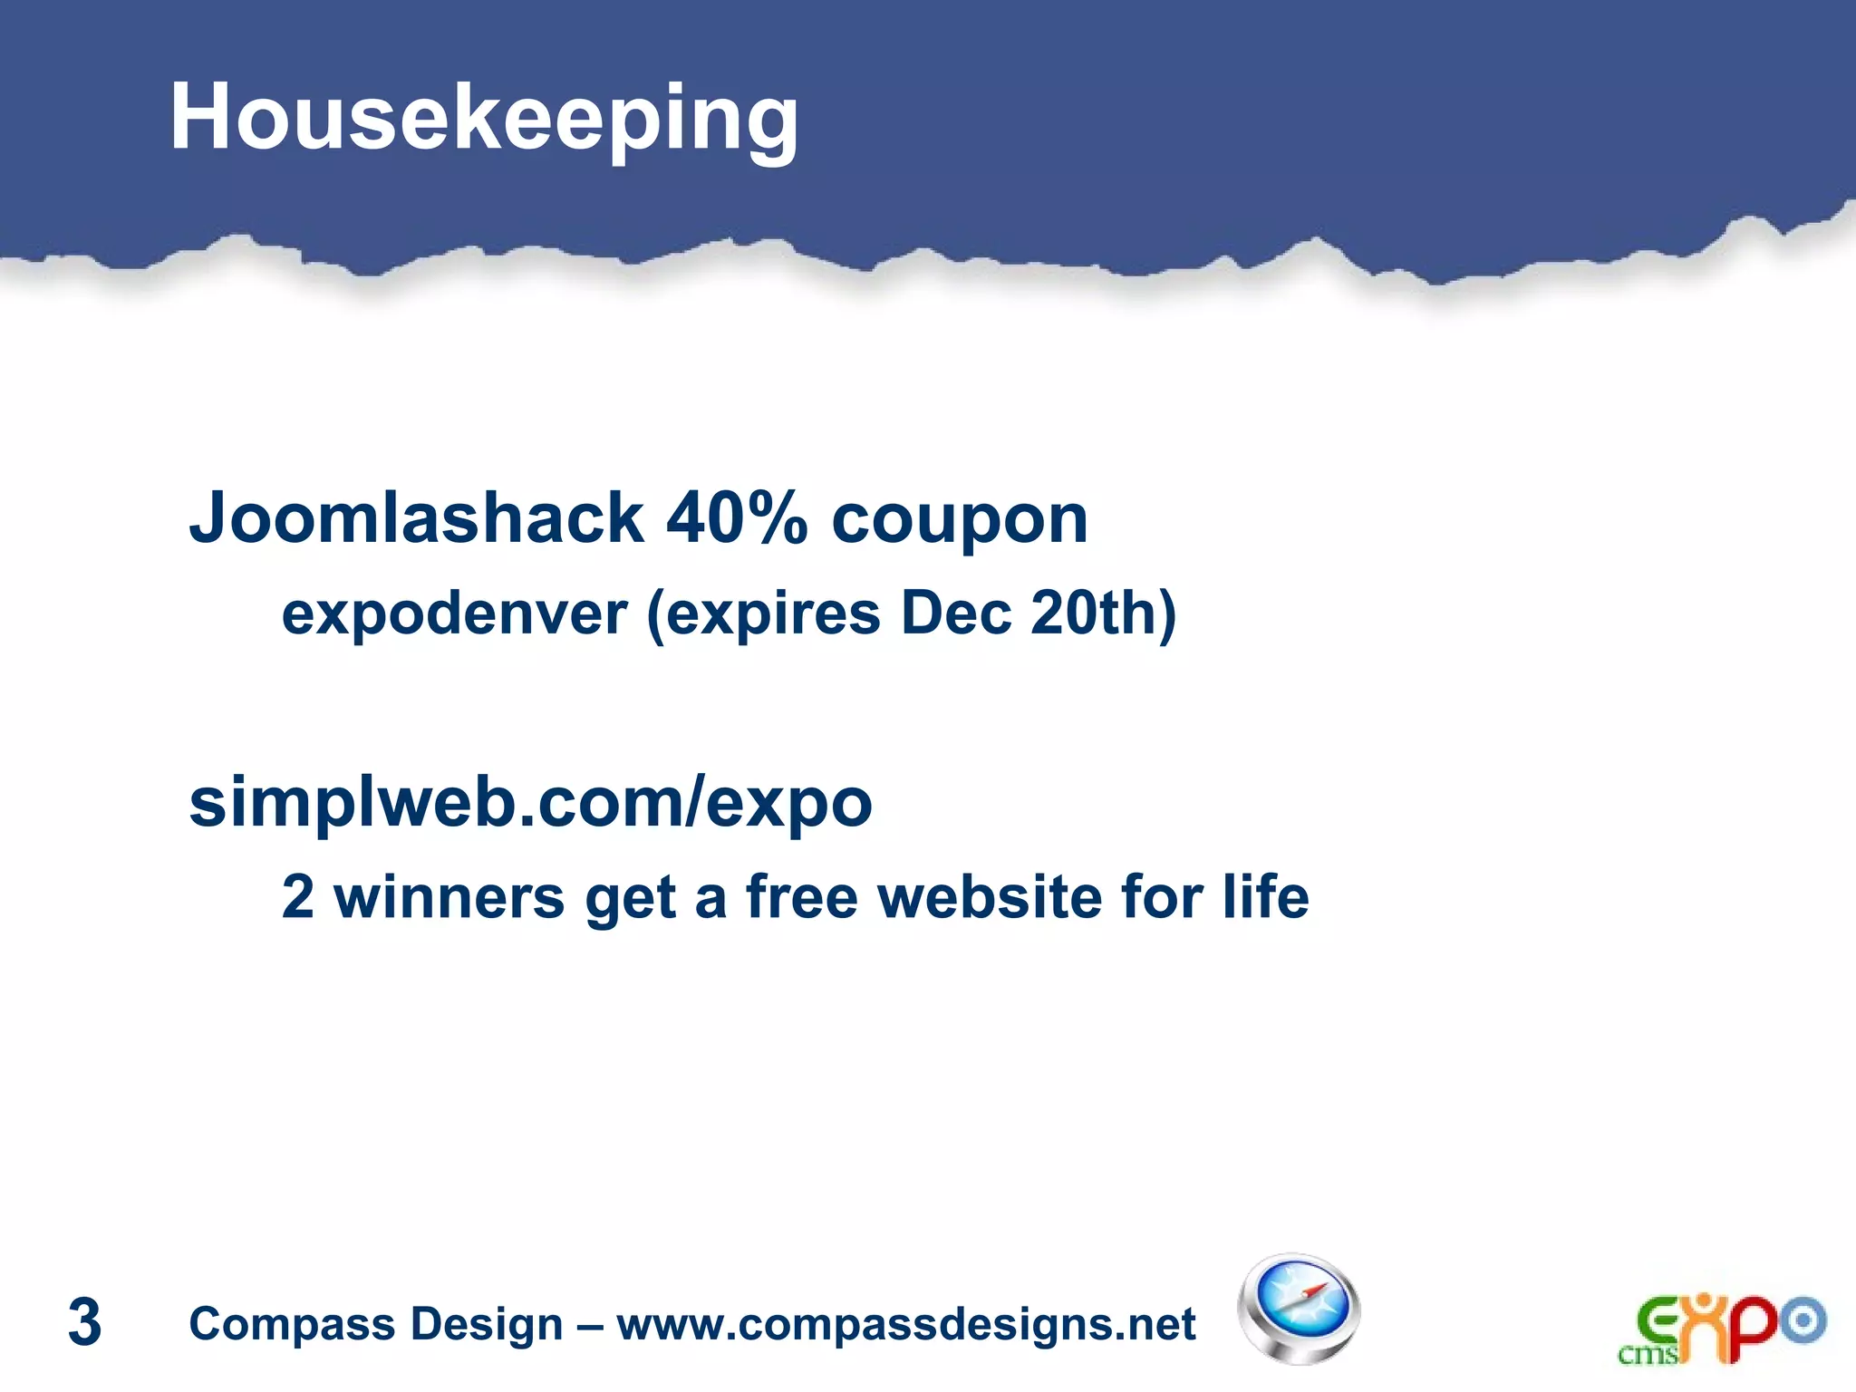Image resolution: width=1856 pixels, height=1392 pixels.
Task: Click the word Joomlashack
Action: coord(416,518)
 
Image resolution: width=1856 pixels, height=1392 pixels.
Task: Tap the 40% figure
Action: coord(736,518)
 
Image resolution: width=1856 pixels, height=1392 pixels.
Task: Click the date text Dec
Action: coord(955,614)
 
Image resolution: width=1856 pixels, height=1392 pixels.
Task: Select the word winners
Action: coord(449,897)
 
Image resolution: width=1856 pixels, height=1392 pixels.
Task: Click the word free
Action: coord(801,897)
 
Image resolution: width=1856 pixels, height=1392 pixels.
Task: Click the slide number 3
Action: coord(84,1322)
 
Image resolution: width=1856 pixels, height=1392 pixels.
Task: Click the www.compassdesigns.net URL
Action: coord(905,1324)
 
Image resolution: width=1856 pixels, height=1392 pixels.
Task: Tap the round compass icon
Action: coord(1299,1309)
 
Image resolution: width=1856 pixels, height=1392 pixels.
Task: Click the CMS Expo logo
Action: coord(1721,1329)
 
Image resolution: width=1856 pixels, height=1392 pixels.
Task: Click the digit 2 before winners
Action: coord(298,897)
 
